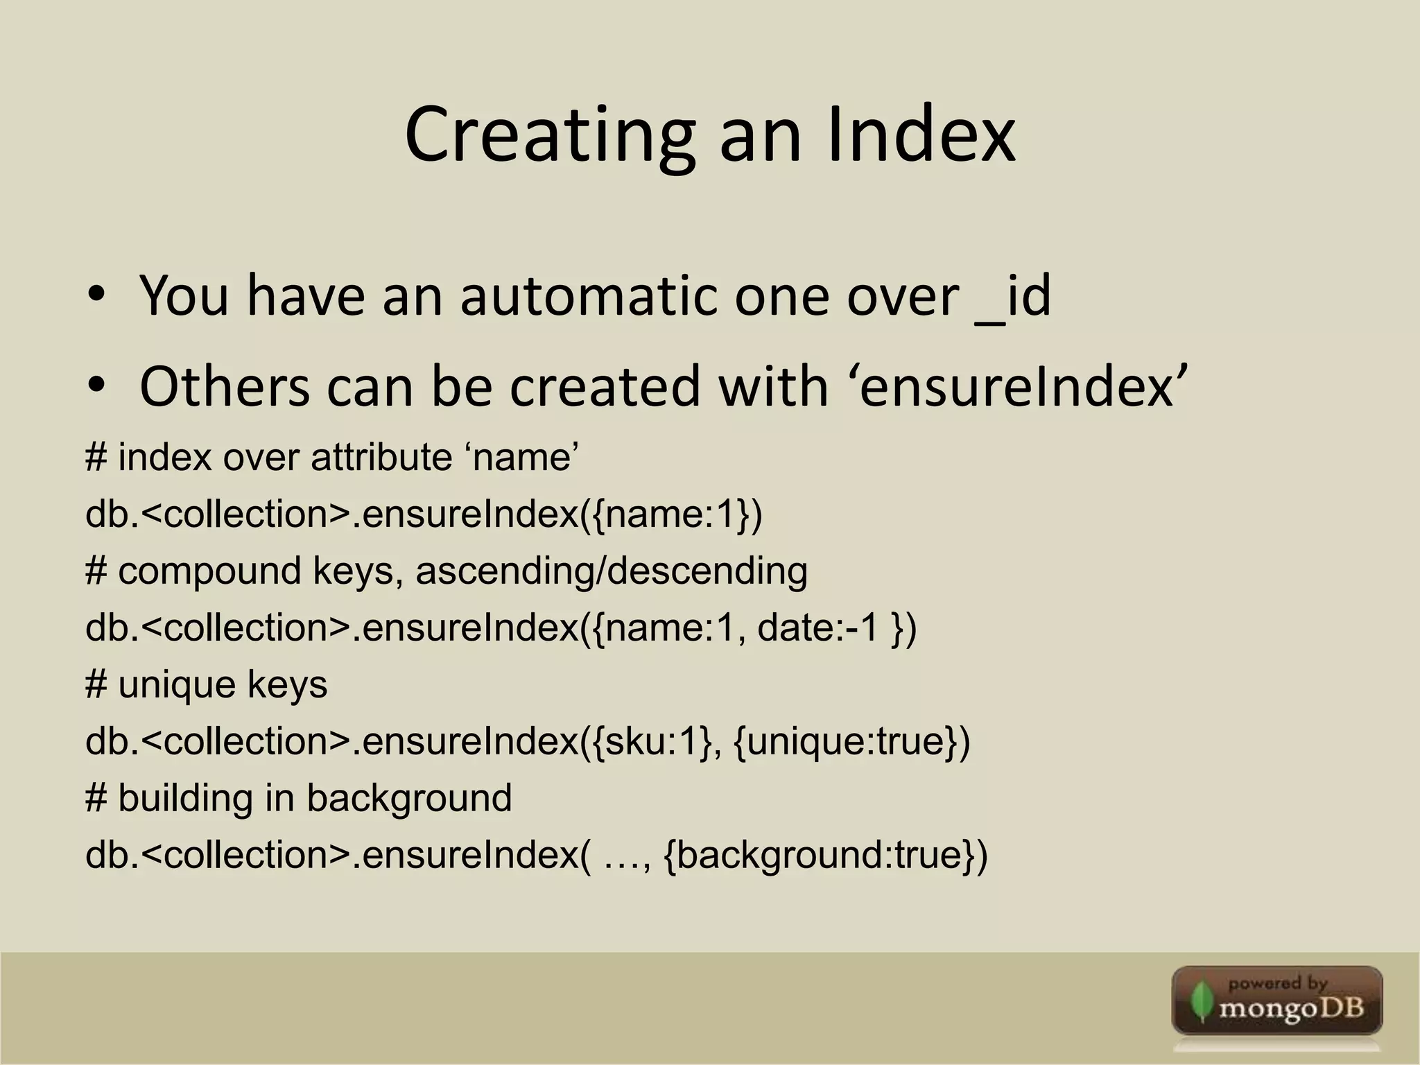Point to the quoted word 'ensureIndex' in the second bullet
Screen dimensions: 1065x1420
point(1019,387)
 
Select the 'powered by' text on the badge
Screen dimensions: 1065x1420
point(1277,982)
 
